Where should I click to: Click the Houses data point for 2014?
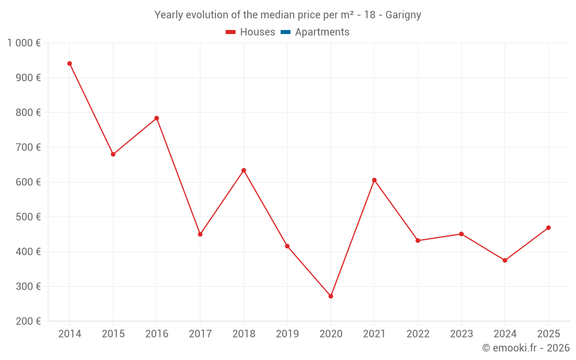pos(70,63)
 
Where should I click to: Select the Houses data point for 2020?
pos(331,296)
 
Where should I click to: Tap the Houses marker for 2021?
pos(374,180)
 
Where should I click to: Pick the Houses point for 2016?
pos(157,118)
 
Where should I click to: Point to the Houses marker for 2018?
pos(244,170)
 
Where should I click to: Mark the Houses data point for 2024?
pos(505,260)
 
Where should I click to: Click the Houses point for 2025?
pos(548,228)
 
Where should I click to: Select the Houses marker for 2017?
pos(200,234)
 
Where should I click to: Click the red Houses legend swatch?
pos(231,32)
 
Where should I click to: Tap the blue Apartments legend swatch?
pos(286,32)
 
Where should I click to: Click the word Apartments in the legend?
pos(322,32)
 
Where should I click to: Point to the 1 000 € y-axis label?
pos(24,43)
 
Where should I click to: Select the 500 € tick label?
pos(28,217)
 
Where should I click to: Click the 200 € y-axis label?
pos(28,321)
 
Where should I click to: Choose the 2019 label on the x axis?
pos(287,334)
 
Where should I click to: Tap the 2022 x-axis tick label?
pos(418,334)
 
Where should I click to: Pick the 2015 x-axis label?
pos(113,334)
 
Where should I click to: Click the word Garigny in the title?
pos(403,15)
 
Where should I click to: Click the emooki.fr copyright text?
pos(526,347)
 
